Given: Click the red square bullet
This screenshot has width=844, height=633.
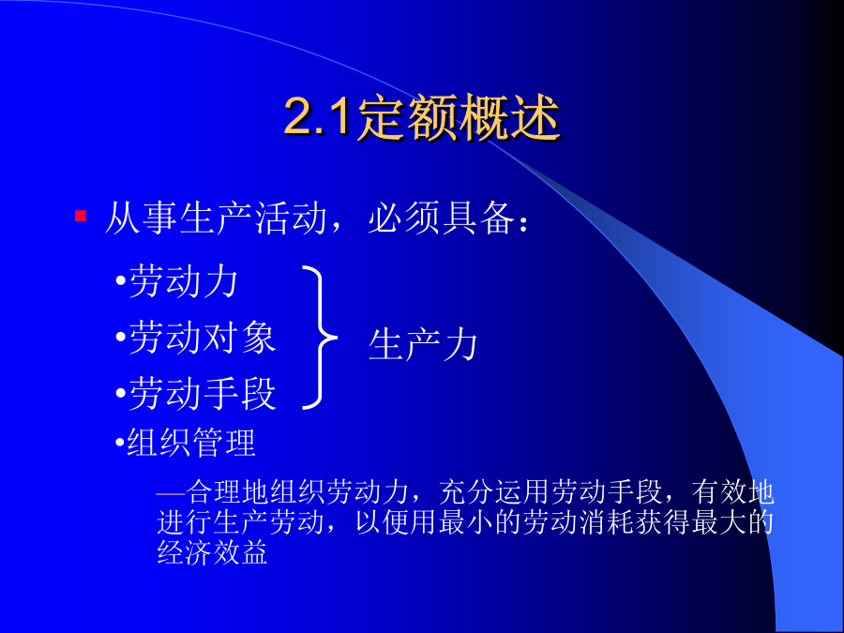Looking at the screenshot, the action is point(81,216).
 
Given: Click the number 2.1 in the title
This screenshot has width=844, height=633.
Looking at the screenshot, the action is point(318,116).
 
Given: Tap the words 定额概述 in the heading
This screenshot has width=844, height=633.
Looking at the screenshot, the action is point(457,117).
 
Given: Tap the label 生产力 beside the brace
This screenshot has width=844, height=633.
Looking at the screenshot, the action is point(423,344).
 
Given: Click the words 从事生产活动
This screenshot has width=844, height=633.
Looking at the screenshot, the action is point(217,218).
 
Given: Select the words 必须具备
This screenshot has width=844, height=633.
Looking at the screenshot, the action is point(441,218).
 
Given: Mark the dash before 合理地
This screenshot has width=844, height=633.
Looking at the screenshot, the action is point(171,492).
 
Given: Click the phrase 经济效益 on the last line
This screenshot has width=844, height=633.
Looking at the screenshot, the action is point(213,552).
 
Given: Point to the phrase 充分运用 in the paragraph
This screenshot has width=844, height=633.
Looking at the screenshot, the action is point(494,491).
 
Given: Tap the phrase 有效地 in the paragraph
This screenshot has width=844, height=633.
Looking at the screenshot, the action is point(733,491).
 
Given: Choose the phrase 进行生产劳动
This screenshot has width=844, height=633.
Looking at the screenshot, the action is point(241,521).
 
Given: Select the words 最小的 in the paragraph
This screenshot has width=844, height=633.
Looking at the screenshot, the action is point(479,521).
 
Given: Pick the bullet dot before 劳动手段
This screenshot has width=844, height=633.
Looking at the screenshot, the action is point(121,394).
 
